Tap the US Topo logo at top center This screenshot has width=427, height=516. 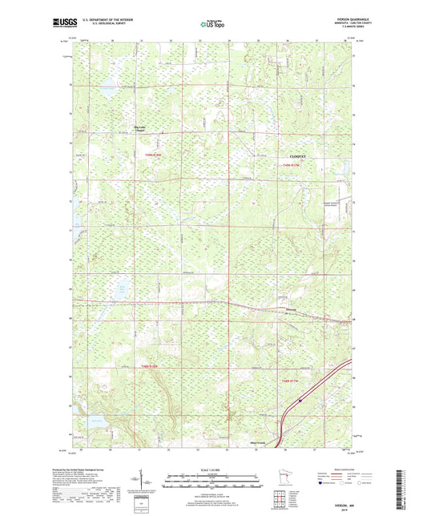[x=212, y=25]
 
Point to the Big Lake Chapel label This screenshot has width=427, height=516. [x=139, y=128]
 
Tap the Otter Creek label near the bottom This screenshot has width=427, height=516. [x=256, y=441]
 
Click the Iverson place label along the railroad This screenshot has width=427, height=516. [x=294, y=309]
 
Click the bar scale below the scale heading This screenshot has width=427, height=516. [x=213, y=481]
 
